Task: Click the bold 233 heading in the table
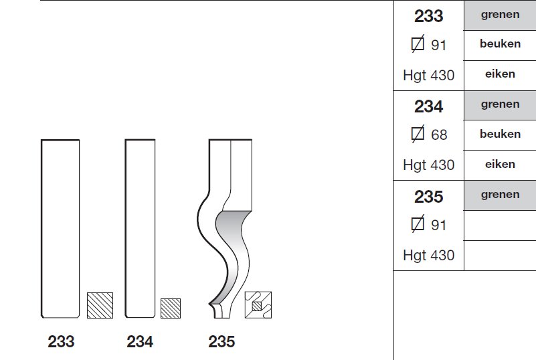(429, 16)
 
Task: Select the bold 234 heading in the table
(429, 106)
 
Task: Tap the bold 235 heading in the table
(429, 197)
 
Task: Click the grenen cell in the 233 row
(500, 15)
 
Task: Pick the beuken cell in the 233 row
(500, 46)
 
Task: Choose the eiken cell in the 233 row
(500, 76)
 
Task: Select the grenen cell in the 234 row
(500, 105)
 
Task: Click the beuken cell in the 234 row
(500, 135)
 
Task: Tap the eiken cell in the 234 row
(500, 165)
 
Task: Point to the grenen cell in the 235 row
(500, 195)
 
